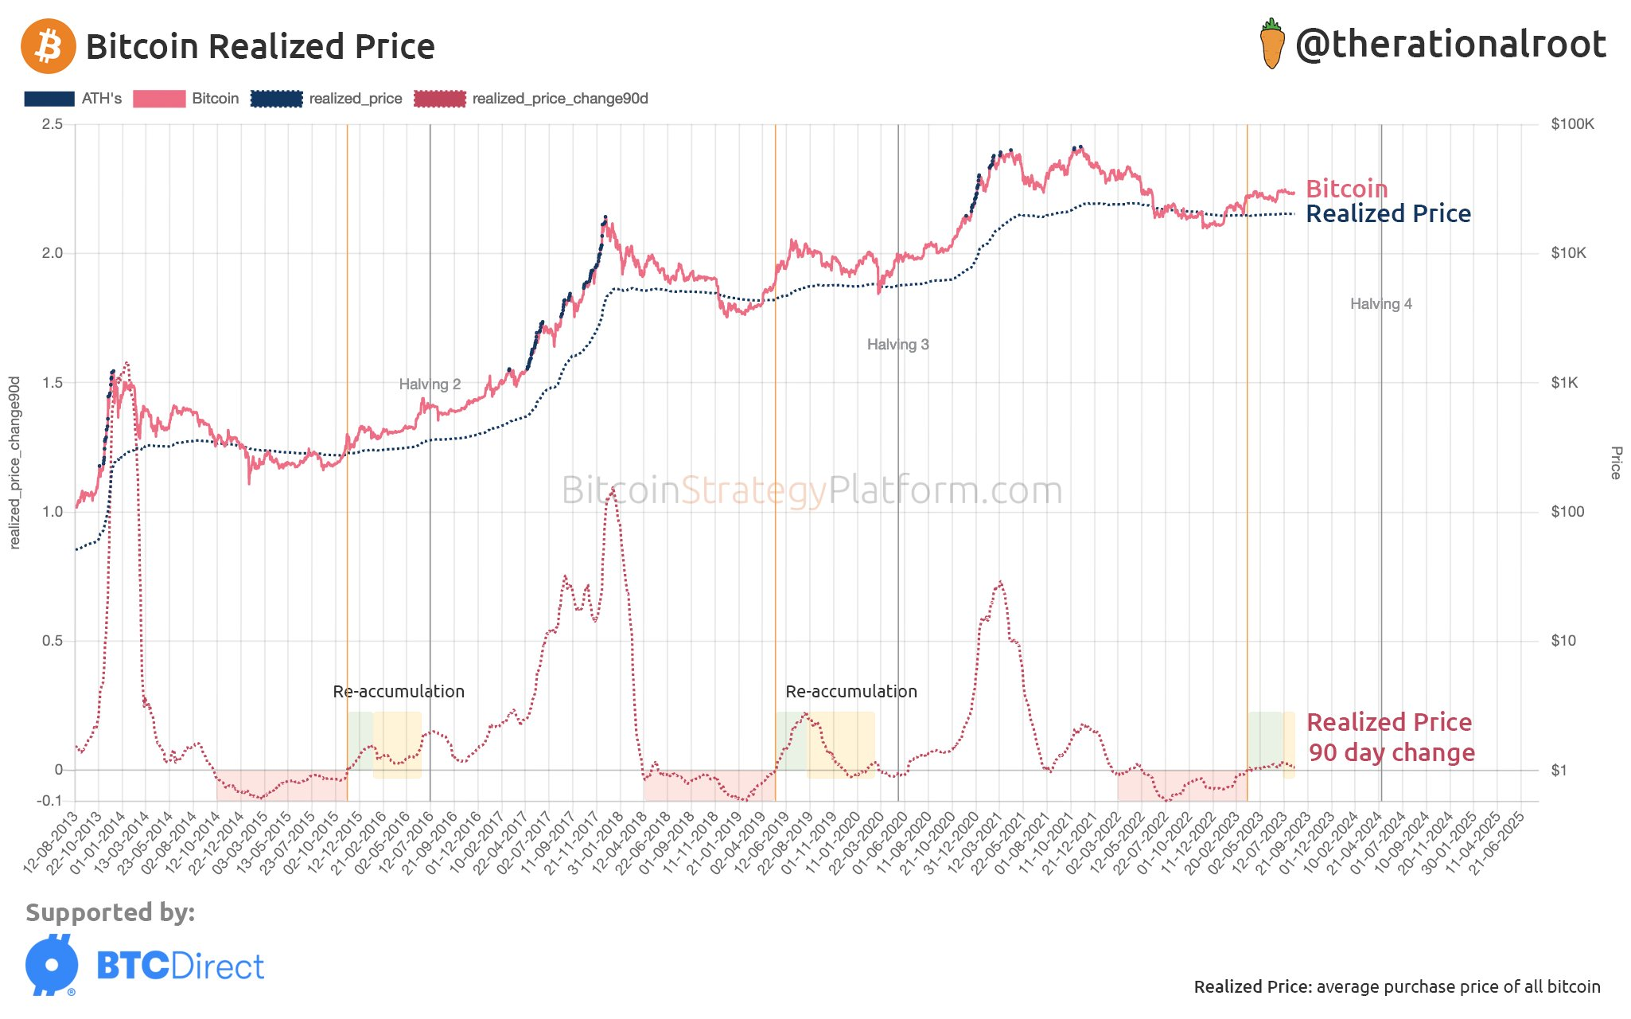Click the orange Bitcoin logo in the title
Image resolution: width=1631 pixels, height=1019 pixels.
pos(48,46)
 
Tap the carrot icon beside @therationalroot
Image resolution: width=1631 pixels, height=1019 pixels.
pos(1272,45)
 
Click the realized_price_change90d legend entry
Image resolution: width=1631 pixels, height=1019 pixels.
pos(531,99)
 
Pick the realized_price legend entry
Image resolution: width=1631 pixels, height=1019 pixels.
pos(327,99)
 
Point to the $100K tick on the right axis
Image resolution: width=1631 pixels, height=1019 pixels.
pos(1572,124)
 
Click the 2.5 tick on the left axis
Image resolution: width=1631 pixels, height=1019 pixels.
pos(53,124)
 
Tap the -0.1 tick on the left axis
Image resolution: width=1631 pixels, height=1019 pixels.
pos(49,800)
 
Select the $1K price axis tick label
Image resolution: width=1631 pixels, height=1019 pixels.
pos(1564,383)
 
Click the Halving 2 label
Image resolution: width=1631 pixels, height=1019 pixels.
pos(430,385)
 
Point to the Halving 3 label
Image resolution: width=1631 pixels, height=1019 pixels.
pos(897,345)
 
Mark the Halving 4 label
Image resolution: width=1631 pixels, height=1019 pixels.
pos(1380,304)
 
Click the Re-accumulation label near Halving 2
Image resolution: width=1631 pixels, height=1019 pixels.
pos(399,691)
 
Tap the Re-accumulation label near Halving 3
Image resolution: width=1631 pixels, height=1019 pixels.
pos(851,691)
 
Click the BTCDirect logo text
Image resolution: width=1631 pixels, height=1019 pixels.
pos(180,966)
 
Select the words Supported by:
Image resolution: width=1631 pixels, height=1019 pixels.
pos(110,912)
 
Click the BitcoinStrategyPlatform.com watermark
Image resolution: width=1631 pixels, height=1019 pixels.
pos(812,490)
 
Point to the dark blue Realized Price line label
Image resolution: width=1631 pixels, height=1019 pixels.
pos(1388,213)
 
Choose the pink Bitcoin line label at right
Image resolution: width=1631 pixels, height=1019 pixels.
pos(1346,189)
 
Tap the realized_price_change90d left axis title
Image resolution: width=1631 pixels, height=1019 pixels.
pos(14,463)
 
